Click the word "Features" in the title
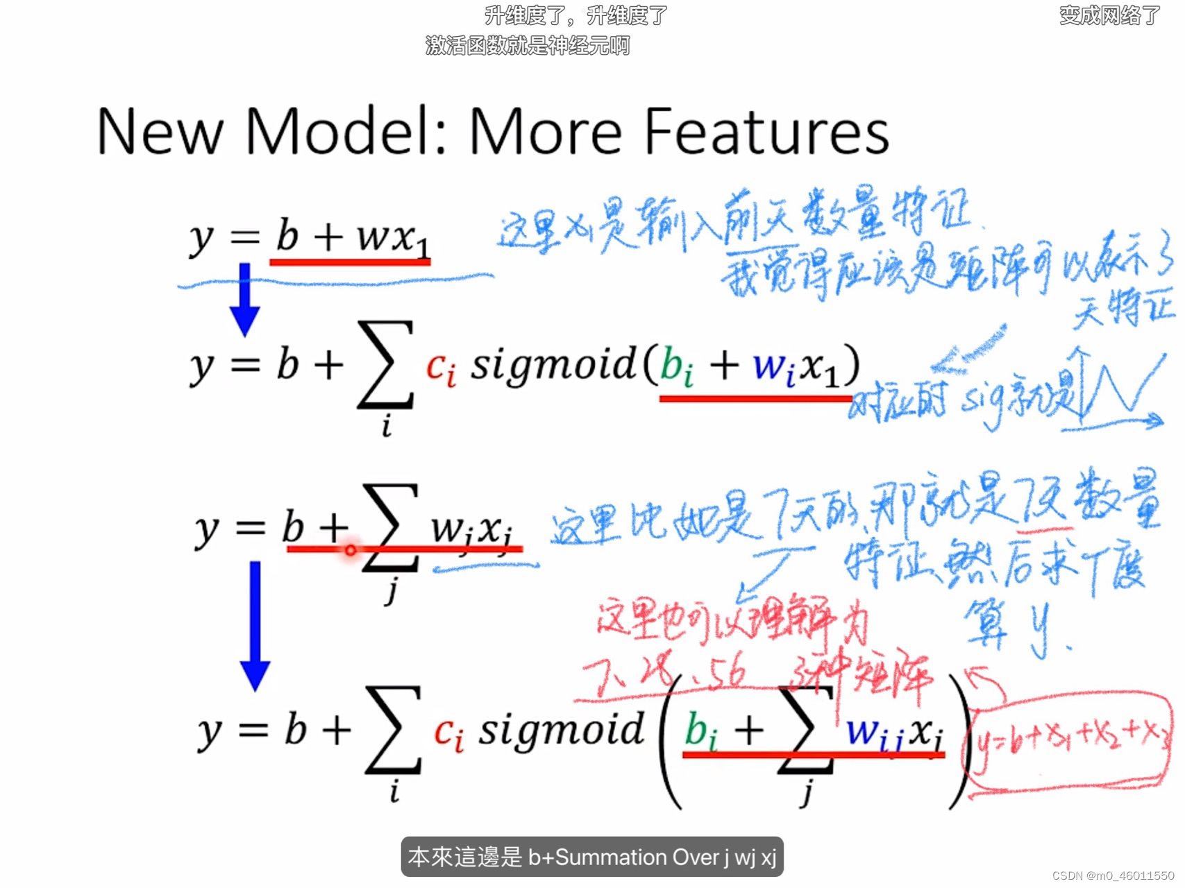point(766,131)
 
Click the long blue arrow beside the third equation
point(255,624)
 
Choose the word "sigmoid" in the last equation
point(561,730)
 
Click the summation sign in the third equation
point(390,527)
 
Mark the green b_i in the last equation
point(700,733)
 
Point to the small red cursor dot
point(351,550)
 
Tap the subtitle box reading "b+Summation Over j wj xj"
point(592,857)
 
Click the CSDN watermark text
point(1113,876)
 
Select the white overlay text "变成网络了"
point(1109,15)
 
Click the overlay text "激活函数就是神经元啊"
point(528,46)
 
